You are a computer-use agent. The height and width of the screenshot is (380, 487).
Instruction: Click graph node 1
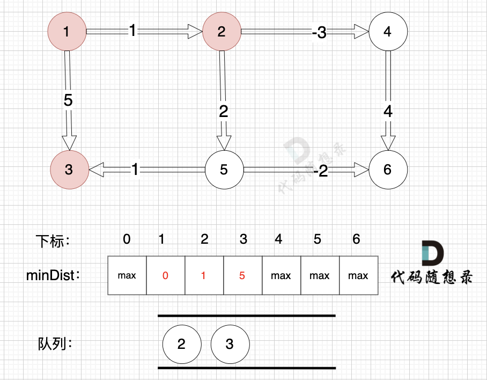(67, 32)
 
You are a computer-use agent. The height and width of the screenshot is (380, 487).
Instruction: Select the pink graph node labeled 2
(222, 32)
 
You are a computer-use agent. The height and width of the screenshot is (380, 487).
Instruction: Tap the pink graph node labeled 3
(69, 169)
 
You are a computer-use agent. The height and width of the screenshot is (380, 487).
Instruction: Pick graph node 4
(388, 32)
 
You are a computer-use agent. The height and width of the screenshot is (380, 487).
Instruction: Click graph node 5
(224, 169)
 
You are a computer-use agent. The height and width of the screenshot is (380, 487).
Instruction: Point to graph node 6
(388, 169)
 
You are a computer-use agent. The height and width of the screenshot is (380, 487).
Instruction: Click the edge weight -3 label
(319, 33)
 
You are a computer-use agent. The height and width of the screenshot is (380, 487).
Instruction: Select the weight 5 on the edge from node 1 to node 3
(68, 101)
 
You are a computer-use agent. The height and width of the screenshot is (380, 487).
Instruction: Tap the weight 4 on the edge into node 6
(388, 112)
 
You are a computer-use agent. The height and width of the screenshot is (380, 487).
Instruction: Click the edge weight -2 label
(321, 171)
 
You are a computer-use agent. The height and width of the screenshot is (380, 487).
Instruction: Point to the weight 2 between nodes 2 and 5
(224, 112)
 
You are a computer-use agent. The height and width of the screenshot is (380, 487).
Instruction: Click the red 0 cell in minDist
(165, 275)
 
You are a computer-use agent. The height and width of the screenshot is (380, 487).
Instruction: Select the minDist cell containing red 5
(242, 275)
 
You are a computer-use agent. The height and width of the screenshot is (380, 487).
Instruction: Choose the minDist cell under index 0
(127, 275)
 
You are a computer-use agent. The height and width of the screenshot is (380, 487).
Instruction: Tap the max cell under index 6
(358, 275)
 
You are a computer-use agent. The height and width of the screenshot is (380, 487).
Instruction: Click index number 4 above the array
(278, 239)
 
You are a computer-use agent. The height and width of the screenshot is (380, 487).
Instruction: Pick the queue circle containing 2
(181, 344)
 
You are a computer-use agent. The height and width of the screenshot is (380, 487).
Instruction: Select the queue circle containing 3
(230, 344)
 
